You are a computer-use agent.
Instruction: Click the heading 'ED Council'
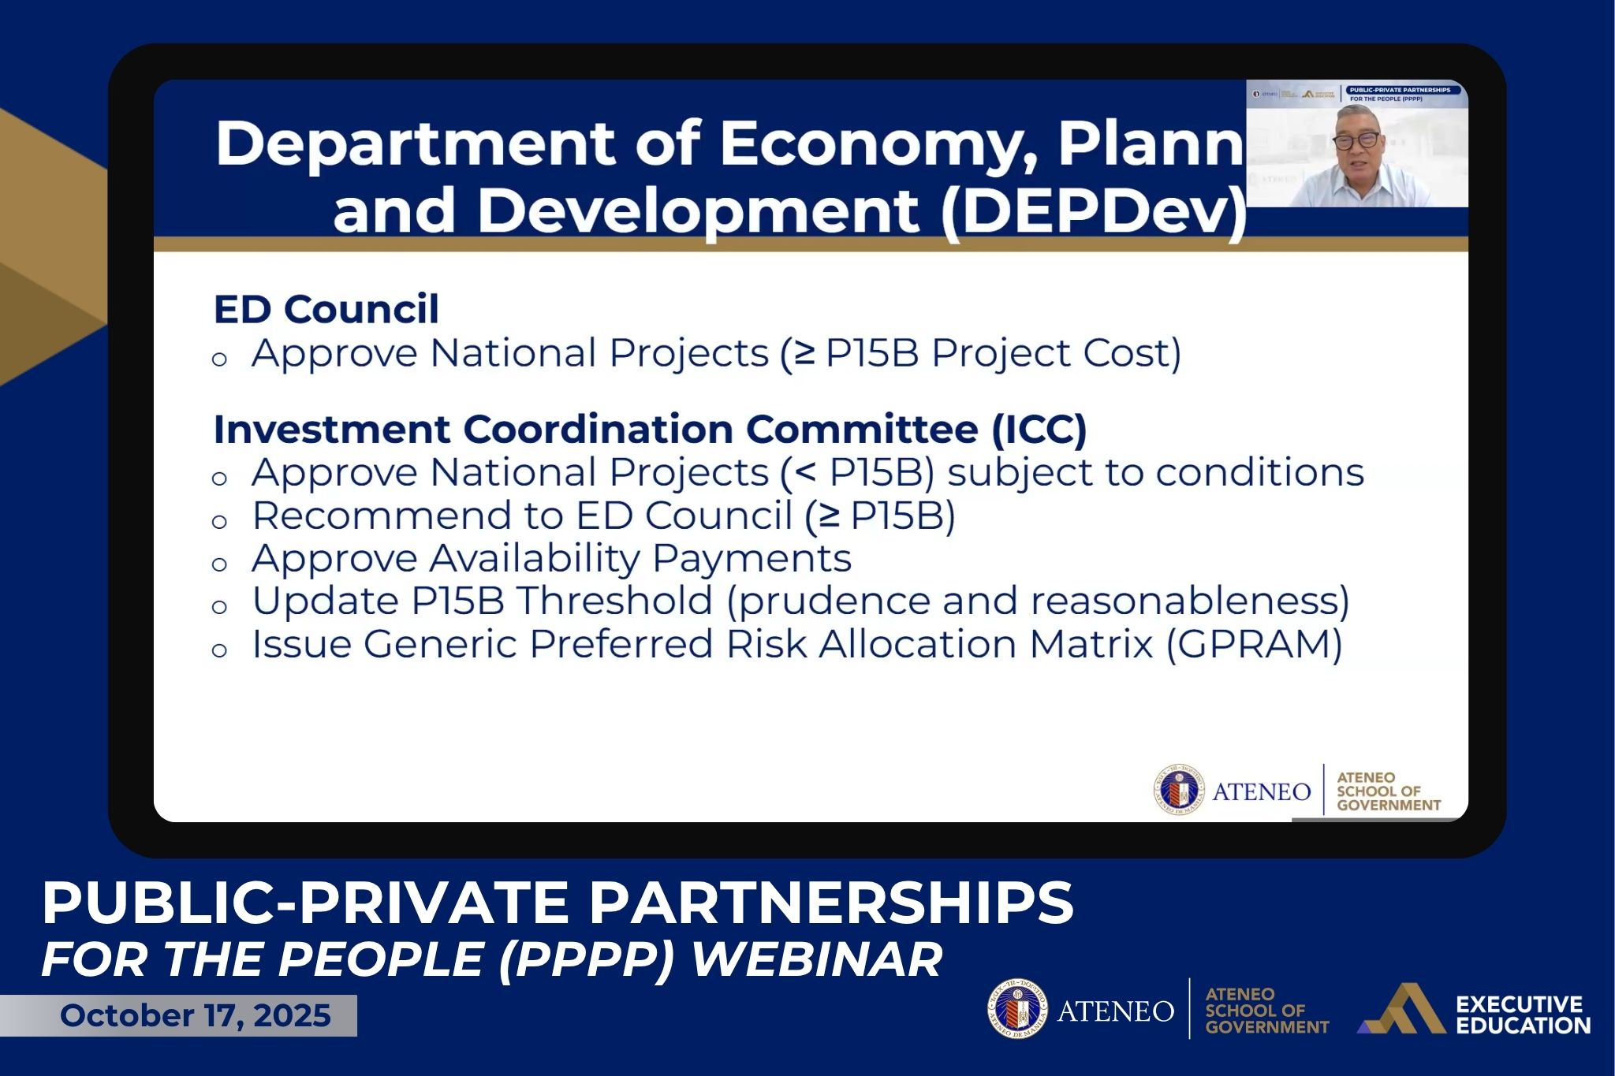tap(326, 309)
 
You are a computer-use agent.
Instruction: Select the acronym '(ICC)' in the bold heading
tap(1039, 430)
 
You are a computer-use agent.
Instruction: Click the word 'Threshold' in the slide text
tap(614, 601)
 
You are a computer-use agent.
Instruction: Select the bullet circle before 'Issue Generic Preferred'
tap(219, 650)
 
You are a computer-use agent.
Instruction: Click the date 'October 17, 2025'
tap(195, 1015)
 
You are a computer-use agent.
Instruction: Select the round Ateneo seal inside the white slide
tap(1178, 790)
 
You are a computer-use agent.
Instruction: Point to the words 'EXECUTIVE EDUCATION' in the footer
tap(1522, 1015)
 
